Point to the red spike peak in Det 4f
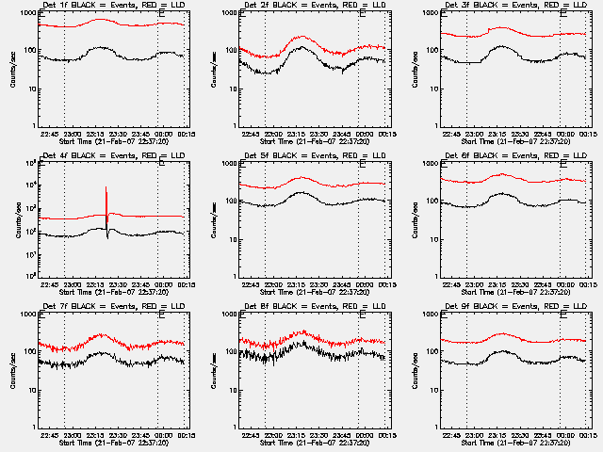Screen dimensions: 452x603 [106, 187]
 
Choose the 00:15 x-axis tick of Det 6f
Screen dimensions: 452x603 [585, 283]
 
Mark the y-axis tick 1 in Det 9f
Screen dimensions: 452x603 [436, 427]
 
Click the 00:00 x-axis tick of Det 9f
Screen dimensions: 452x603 [562, 434]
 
